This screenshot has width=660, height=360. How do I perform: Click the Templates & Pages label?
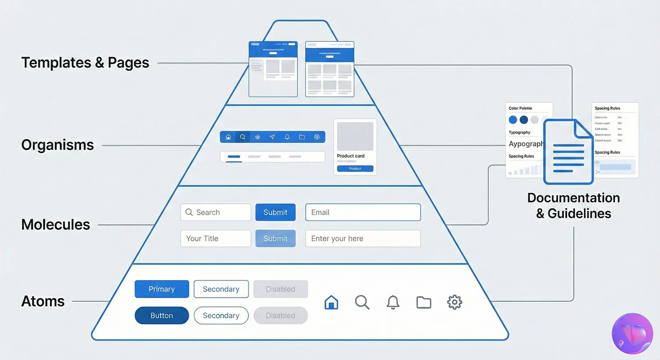coord(85,63)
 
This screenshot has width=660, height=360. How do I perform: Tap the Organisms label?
coord(58,145)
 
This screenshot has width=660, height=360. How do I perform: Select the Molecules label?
coord(55,225)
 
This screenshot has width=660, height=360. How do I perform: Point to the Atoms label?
coord(43,301)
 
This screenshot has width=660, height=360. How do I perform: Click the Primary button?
coord(161,289)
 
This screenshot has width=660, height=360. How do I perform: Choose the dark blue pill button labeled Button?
coord(161,316)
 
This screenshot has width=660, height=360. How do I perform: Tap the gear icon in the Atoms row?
coord(455,302)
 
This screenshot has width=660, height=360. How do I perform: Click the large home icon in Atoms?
coord(331,302)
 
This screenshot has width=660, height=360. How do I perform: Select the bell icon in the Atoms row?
coord(393,302)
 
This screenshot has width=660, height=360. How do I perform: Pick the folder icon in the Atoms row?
coord(424,302)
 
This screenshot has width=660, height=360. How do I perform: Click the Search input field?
coord(216,212)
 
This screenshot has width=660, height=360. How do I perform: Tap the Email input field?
coord(363,212)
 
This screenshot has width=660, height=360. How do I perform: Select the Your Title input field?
coord(216,239)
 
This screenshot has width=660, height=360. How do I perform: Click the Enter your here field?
coord(363,239)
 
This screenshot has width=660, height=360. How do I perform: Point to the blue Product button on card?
coord(355,169)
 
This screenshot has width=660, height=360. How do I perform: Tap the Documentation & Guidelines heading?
coord(573,206)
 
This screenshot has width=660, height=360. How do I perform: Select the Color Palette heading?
coord(520,108)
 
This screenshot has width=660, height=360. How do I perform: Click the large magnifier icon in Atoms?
coord(362,302)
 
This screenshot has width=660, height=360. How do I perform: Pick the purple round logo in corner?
coord(632,334)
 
